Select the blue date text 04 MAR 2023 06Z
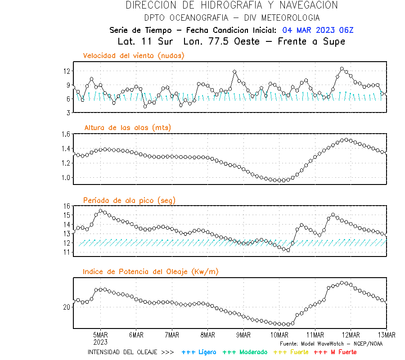pyautogui.click(x=318, y=30)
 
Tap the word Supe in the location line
pyautogui.click(x=334, y=41)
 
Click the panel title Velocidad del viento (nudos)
pyautogui.click(x=134, y=56)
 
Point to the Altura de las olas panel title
pyautogui.click(x=127, y=128)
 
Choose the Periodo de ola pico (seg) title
pyautogui.click(x=129, y=200)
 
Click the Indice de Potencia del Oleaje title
pyautogui.click(x=151, y=271)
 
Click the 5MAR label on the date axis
pyautogui.click(x=100, y=335)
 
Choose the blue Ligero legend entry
pyautogui.click(x=199, y=352)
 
